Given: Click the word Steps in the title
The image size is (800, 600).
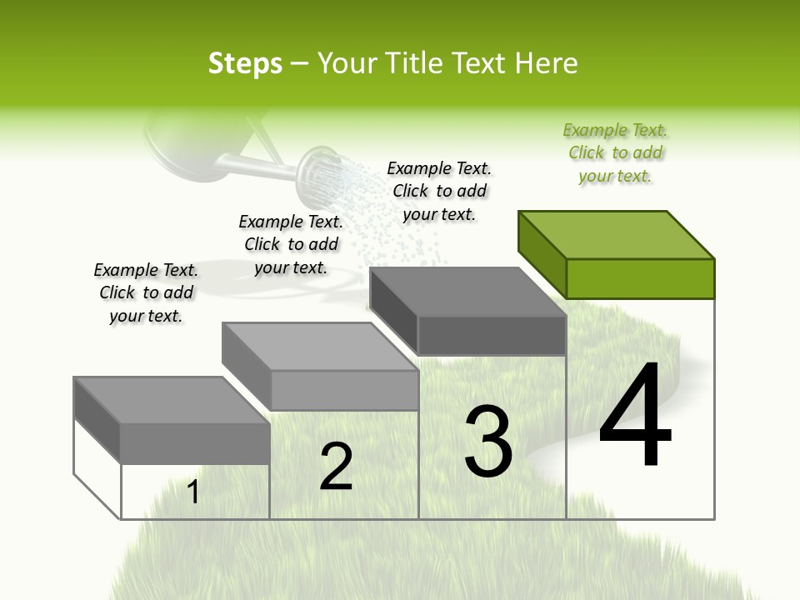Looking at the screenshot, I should [x=244, y=63].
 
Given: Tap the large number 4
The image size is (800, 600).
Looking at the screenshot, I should [x=635, y=417].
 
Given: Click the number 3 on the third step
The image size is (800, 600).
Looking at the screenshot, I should [x=487, y=442].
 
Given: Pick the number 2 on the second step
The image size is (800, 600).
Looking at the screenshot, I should [x=336, y=467].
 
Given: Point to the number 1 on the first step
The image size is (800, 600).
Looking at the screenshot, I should [x=193, y=492].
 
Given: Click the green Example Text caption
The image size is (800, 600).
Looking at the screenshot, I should [x=615, y=153].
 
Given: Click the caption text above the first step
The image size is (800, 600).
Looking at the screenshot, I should [x=146, y=293].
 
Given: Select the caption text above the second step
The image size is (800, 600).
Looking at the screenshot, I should [x=291, y=245].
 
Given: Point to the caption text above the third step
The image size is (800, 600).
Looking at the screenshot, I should [x=439, y=192].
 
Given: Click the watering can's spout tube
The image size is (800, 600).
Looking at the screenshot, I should [x=250, y=167].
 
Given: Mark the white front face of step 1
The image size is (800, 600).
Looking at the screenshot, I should [x=195, y=492].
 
